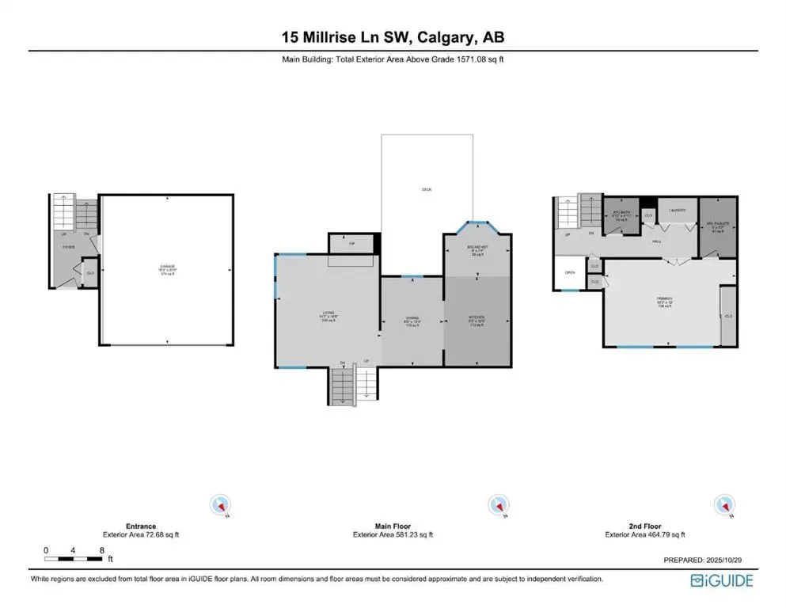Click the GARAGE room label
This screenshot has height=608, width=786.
(166, 267)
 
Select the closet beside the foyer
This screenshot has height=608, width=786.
(89, 272)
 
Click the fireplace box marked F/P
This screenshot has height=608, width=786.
(351, 244)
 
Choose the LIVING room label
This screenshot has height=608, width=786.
(324, 314)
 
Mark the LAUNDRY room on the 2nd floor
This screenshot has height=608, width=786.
(677, 211)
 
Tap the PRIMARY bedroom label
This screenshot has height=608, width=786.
(663, 300)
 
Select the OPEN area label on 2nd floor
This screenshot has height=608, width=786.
(570, 272)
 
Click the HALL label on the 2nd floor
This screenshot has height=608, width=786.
(657, 241)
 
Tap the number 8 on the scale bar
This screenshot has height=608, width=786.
(101, 550)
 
